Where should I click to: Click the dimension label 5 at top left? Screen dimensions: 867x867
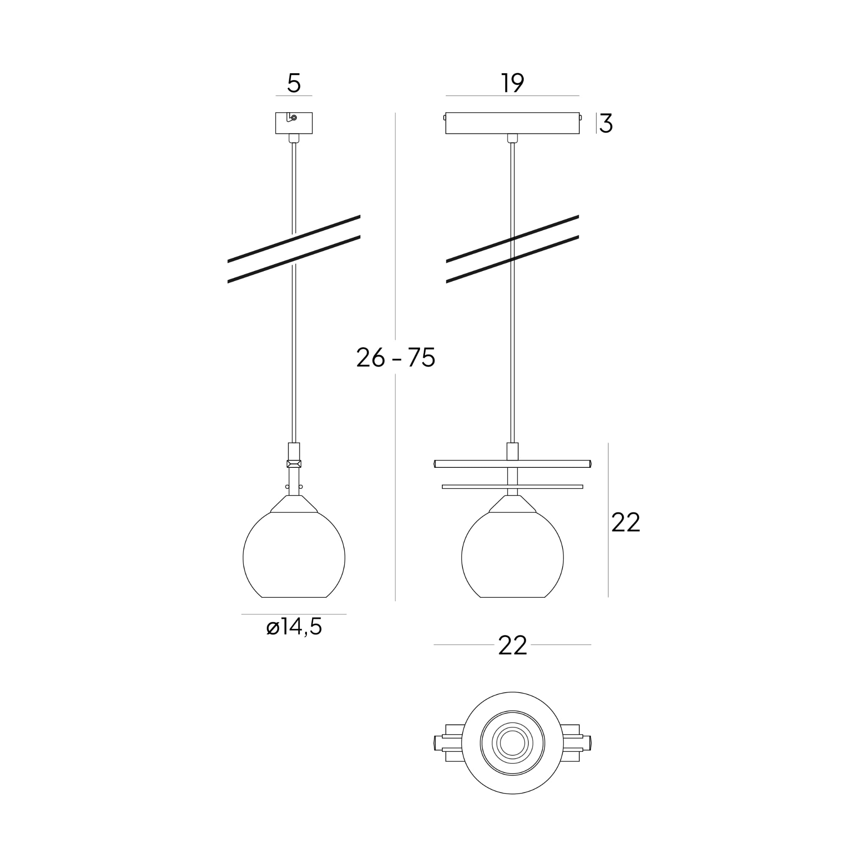coord(294,83)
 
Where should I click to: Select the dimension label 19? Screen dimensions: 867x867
coord(513,83)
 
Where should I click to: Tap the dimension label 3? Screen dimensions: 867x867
coord(606,124)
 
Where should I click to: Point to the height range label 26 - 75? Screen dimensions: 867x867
coord(396,358)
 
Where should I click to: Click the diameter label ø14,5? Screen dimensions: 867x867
coord(294,627)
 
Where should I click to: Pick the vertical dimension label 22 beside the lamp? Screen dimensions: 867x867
coord(626,523)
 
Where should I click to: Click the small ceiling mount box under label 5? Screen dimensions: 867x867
coord(294,123)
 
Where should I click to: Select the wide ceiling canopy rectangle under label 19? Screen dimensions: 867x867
coord(513,123)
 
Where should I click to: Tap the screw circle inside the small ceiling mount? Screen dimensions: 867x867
coord(294,118)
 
